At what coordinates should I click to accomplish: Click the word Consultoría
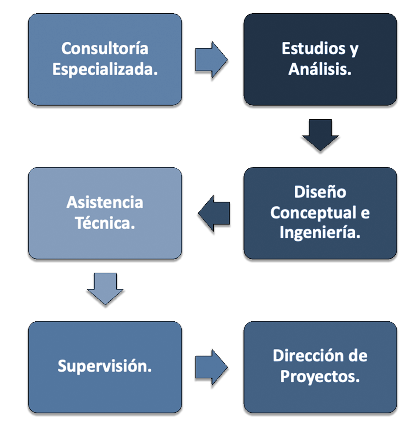[105, 49]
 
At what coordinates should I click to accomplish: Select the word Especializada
[105, 69]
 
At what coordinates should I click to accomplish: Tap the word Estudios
[314, 49]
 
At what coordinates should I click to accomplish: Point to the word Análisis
[320, 69]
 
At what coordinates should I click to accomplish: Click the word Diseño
[320, 192]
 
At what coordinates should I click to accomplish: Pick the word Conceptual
[313, 213]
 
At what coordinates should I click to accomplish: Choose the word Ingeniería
[320, 233]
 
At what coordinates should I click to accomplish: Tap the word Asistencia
[105, 202]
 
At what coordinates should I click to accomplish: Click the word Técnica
[105, 223]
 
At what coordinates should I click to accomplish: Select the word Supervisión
[105, 366]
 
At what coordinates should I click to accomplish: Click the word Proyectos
[320, 377]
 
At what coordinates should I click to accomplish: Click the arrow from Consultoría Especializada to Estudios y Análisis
[211, 60]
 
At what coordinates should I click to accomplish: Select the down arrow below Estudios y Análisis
[320, 135]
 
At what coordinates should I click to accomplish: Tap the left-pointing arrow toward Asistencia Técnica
[214, 213]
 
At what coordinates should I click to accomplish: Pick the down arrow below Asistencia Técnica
[105, 289]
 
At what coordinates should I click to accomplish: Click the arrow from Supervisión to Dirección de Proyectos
[211, 367]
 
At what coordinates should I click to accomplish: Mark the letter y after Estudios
[354, 50]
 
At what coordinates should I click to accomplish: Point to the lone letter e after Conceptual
[365, 213]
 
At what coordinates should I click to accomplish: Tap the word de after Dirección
[358, 356]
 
